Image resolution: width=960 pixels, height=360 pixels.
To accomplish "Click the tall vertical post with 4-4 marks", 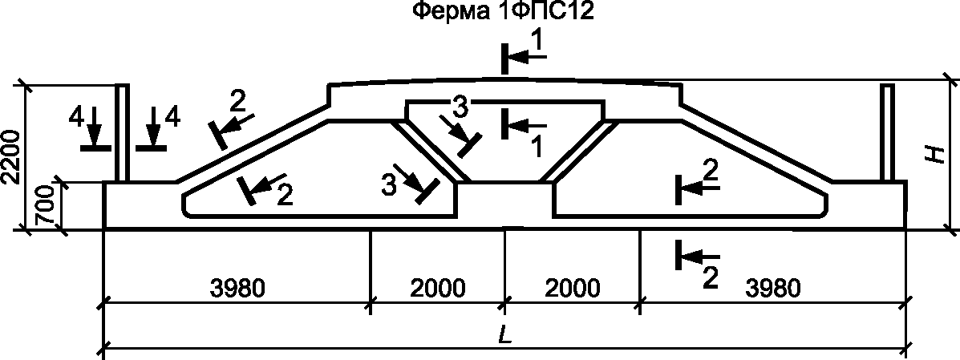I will pos(122,133).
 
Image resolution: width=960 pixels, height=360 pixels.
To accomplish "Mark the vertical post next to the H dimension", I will pos(888,133).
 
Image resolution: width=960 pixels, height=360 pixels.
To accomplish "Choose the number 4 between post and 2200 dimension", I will pos(76,117).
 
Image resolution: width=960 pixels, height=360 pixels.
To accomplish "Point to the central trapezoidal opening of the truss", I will pos(504,136).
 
